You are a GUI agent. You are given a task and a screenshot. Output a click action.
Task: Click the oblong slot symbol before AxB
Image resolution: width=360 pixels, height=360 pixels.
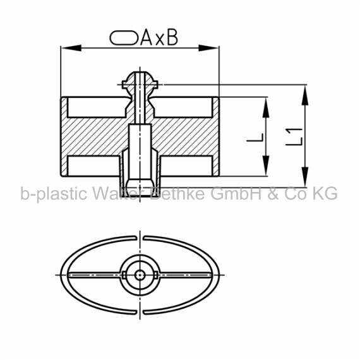(x=124, y=38)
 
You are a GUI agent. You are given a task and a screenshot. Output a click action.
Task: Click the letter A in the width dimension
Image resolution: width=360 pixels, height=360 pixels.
(x=147, y=38)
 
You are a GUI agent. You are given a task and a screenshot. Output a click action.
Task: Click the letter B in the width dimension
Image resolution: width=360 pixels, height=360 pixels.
(x=172, y=38)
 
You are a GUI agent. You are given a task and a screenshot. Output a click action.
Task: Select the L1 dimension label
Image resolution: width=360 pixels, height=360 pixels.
(x=294, y=137)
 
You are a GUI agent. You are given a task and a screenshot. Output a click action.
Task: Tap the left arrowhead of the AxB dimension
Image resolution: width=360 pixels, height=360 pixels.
(x=71, y=48)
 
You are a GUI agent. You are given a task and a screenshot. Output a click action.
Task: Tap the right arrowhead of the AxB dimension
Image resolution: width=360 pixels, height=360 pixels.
(x=208, y=48)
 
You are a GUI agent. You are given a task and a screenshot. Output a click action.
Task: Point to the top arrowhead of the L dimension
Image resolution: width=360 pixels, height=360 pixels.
(x=266, y=107)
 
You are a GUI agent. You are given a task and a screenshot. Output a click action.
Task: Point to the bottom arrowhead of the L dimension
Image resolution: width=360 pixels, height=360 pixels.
(x=266, y=165)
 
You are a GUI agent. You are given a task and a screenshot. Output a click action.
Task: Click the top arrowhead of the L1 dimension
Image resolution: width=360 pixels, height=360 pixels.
(x=305, y=95)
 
